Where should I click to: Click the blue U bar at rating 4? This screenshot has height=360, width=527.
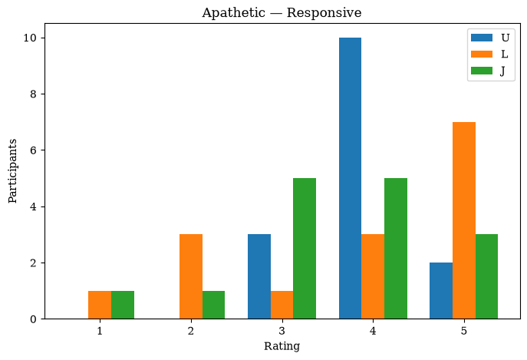351,178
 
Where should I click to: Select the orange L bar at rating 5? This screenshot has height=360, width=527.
464,220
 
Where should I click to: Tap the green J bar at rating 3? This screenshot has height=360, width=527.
305,248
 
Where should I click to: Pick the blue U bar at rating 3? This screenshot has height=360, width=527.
259,276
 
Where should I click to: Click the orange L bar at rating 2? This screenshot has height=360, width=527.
191,276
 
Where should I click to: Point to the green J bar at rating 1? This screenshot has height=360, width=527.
123,305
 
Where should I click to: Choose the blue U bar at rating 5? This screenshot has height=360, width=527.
441,291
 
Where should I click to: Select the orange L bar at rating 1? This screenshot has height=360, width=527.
100,305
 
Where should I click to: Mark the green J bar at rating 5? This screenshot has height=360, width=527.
486,276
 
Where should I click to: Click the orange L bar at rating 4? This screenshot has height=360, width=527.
373,276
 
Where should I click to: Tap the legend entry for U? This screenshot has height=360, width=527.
490,38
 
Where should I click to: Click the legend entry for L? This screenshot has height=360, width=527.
489,54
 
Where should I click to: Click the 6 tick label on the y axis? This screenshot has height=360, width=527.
33,150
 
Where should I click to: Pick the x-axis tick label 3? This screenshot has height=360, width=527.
282,331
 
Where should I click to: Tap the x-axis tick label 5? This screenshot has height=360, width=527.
464,331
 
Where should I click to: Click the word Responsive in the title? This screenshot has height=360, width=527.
324,13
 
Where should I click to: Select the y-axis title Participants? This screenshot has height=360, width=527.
13,171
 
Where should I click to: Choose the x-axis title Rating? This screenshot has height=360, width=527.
282,346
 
